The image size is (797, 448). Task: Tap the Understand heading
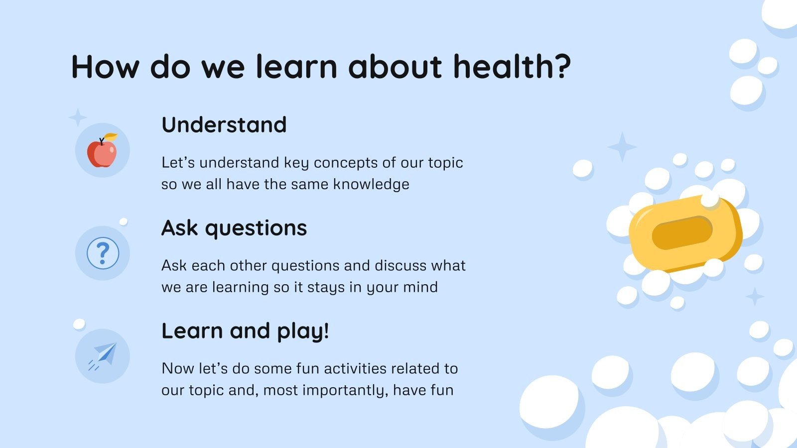point(224,125)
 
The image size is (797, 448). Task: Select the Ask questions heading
point(234,228)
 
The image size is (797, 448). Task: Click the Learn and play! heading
point(245,331)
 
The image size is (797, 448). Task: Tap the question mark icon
point(103,253)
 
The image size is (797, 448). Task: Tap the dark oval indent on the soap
point(682,232)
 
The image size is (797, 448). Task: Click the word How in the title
point(105,67)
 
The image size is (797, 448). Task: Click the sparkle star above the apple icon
point(78,118)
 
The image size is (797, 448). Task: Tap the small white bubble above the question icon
point(124,222)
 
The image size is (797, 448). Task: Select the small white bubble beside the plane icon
point(79,325)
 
